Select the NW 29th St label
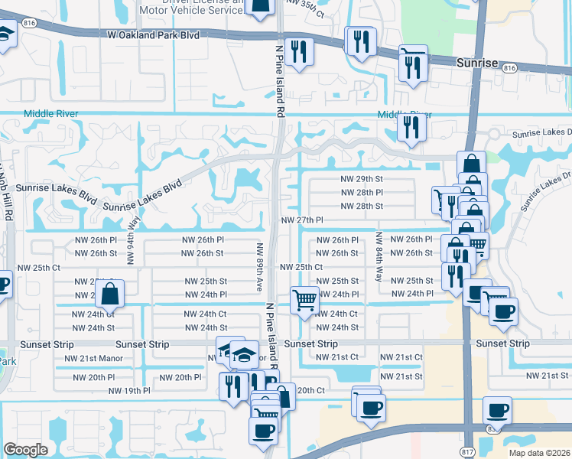point(361,178)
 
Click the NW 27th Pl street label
point(303,220)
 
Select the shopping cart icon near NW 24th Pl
point(304,300)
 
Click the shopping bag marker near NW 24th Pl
point(111,293)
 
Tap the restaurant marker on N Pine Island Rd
point(298,51)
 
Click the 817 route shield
point(469,452)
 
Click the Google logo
point(25,450)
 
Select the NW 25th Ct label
point(301,267)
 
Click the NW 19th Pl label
point(129,390)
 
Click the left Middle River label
point(51,114)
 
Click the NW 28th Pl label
point(361,192)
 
